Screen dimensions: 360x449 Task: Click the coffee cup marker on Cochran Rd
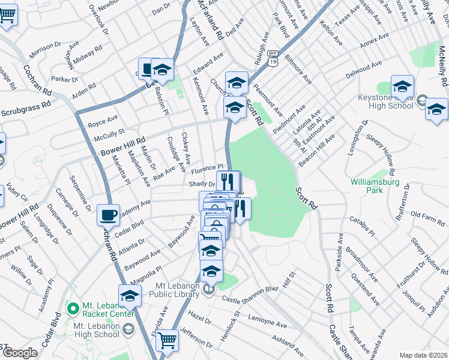[108, 214]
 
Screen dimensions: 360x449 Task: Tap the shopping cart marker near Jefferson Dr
[167, 340]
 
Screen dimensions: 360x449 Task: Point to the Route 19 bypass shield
[273, 58]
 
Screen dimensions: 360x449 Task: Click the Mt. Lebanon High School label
[96, 330]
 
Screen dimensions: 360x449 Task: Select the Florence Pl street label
[207, 169]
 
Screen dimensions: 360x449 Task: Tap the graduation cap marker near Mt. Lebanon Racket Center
[129, 296]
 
